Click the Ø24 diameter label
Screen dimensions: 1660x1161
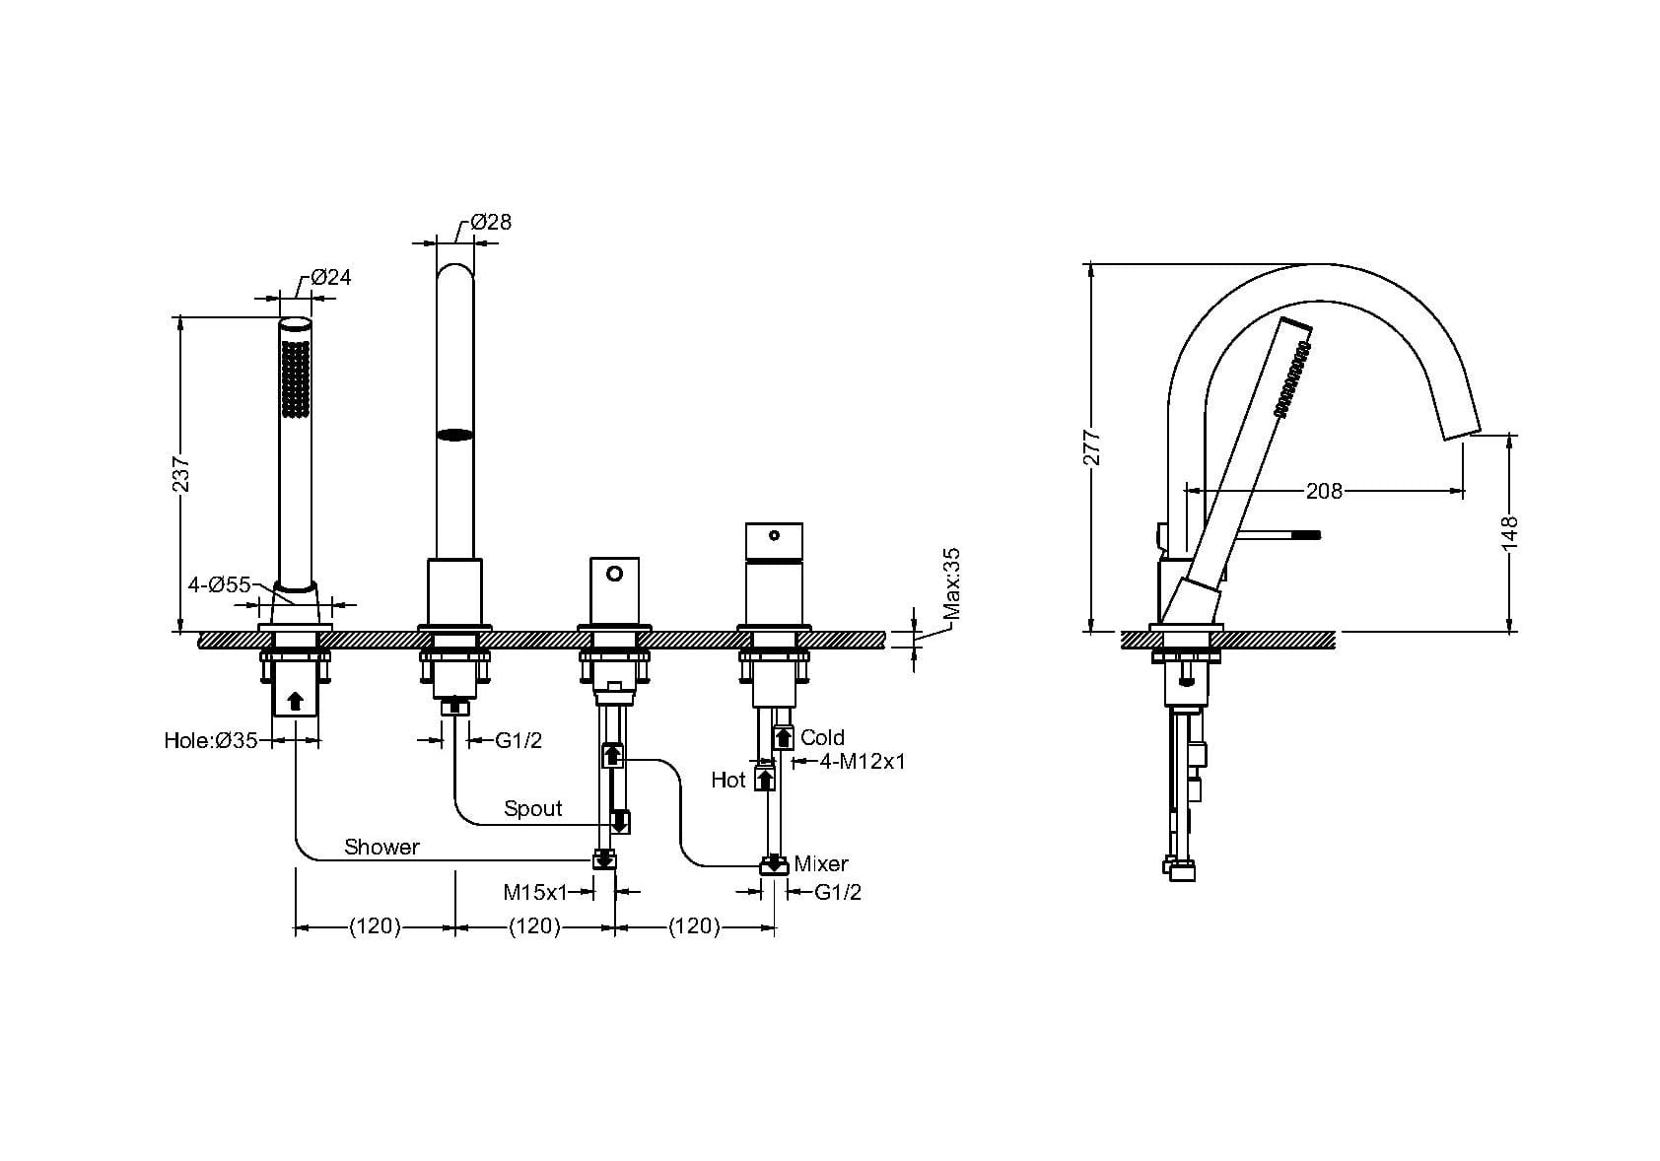tap(330, 277)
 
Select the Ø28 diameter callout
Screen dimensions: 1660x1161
tap(491, 223)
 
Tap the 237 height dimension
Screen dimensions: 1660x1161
tap(180, 475)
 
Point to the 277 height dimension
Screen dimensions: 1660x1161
tap(1091, 447)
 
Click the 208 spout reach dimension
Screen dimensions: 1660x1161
tap(1324, 491)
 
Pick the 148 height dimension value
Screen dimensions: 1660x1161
tap(1509, 533)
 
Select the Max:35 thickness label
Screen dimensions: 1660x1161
tap(951, 583)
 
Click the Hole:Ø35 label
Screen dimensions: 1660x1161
tap(211, 740)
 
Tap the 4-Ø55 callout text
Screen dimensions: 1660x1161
tap(220, 584)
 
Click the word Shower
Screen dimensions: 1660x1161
tap(381, 847)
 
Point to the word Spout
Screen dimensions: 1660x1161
tap(533, 808)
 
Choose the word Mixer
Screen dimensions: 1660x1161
tap(821, 864)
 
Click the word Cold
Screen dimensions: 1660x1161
tap(822, 738)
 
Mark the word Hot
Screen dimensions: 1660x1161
tap(727, 781)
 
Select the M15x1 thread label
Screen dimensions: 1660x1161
tap(534, 893)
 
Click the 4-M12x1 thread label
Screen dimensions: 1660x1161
tap(863, 762)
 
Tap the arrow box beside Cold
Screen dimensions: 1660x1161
tap(784, 738)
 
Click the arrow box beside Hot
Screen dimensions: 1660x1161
tap(765, 780)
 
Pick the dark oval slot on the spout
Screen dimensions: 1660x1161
tap(455, 435)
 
